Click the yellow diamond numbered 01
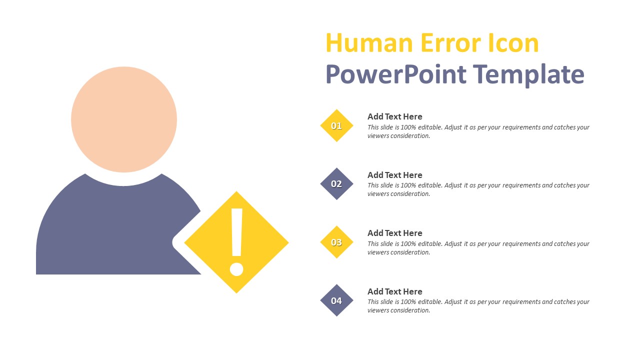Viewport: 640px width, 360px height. (336, 125)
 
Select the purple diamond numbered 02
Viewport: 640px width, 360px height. (336, 184)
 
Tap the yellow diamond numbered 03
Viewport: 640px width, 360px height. (336, 242)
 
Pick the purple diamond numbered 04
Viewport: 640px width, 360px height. (336, 300)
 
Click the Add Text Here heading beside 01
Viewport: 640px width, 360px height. (394, 116)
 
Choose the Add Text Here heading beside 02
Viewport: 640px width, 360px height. (394, 175)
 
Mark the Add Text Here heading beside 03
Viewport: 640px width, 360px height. (394, 233)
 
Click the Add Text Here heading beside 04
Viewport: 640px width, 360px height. (394, 291)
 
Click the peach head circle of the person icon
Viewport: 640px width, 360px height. (124, 119)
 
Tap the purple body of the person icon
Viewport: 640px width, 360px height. (110, 230)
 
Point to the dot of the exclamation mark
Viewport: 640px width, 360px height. (236, 268)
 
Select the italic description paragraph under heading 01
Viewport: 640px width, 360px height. (478, 131)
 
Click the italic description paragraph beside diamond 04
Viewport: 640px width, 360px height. (478, 306)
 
